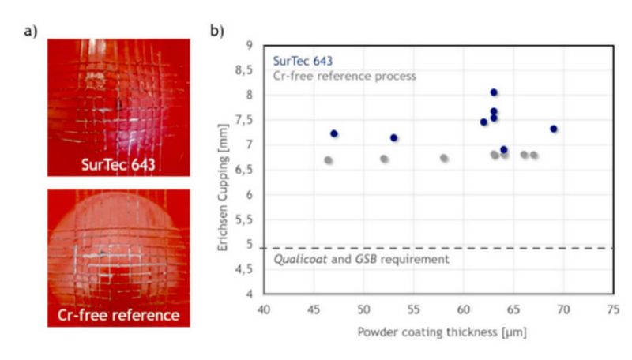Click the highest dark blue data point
coord(494,92)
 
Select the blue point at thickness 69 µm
coord(554,129)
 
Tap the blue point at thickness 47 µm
coord(334,133)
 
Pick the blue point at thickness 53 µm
coord(394,137)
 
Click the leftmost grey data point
coord(329,160)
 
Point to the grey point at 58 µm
coord(444,158)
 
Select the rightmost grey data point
coord(534,156)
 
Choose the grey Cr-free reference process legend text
coord(344,76)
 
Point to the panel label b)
coord(216,33)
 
